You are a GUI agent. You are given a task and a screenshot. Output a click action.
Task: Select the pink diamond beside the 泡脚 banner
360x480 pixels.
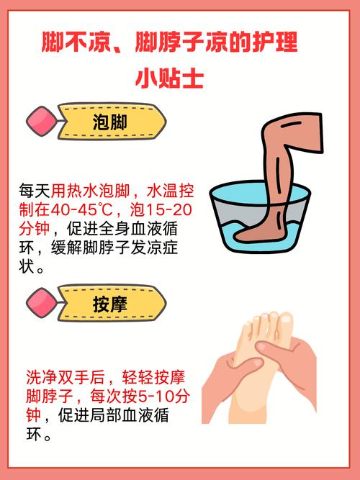pyautogui.click(x=40, y=122)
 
